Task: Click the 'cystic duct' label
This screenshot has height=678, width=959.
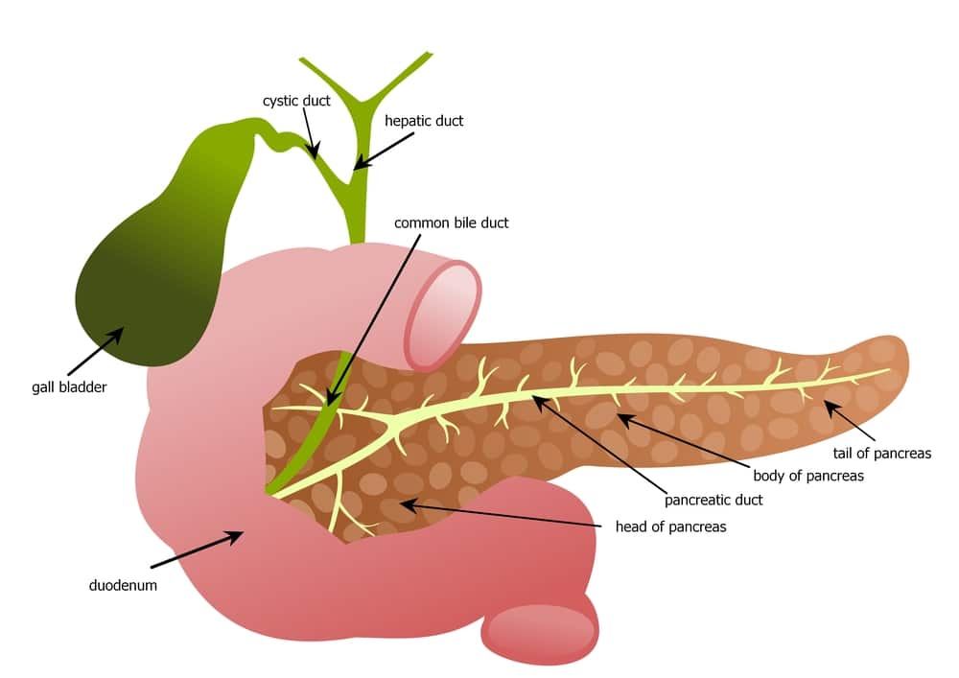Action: click(x=296, y=101)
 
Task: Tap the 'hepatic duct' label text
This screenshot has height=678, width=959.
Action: click(x=424, y=121)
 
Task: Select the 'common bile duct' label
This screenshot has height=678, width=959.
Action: click(x=452, y=223)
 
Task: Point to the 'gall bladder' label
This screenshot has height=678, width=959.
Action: click(x=69, y=387)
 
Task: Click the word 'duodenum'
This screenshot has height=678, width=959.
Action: click(x=123, y=586)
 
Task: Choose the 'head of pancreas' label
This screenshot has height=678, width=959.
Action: click(x=671, y=527)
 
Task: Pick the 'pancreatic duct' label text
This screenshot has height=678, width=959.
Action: click(x=713, y=500)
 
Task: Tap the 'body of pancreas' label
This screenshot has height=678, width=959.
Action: click(x=808, y=476)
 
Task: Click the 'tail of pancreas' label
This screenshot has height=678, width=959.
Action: click(x=882, y=454)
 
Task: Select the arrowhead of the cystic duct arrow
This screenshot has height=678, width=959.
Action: click(x=314, y=151)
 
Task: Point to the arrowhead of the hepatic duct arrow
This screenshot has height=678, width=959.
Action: click(x=361, y=163)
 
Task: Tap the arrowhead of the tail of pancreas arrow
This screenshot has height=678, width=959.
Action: click(x=830, y=408)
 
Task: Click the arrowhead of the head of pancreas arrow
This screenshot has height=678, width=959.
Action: click(x=409, y=505)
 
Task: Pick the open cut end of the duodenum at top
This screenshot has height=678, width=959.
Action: click(x=443, y=316)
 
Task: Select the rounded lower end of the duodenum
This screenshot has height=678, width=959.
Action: click(x=541, y=630)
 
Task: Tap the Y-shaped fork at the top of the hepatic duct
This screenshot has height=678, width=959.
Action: click(x=363, y=102)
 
